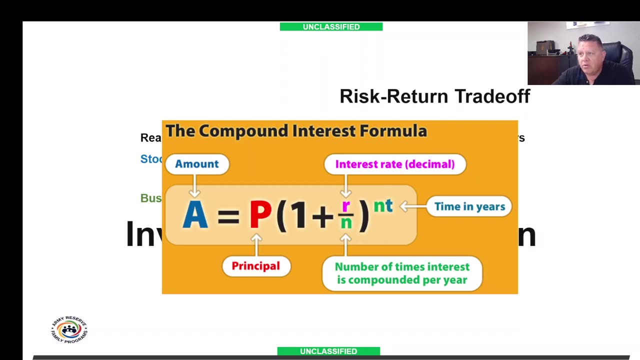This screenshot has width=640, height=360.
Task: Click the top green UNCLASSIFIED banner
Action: coord(331,26)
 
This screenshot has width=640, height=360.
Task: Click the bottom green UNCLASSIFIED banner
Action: coord(328,351)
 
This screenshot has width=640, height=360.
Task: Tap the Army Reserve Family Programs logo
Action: coord(69,329)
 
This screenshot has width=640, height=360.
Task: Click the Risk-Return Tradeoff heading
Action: coord(434,96)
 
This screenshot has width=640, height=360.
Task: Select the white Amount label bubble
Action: coord(196,164)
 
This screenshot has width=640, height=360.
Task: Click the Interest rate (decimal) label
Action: coord(394,164)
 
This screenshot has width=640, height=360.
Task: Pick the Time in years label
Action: coord(469,206)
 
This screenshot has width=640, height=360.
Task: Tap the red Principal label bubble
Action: coord(255,266)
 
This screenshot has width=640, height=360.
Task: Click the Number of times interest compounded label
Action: coord(402,273)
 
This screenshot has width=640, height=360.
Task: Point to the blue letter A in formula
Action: coord(195,215)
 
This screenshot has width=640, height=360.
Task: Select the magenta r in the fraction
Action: coord(345,206)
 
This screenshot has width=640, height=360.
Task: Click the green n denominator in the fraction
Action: coord(346,223)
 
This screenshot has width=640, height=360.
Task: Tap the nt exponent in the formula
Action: coord(383,205)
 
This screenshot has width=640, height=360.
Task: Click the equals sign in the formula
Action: coord(228,216)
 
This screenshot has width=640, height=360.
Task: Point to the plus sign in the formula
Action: coord(322,216)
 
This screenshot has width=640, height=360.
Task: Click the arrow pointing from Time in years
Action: coord(412,206)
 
